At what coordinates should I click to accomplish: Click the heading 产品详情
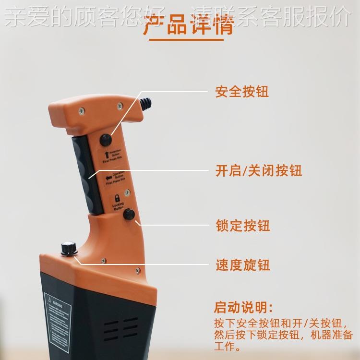click(x=189, y=25)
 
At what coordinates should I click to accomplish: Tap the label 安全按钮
click(x=242, y=91)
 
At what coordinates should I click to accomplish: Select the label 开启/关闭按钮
click(x=259, y=170)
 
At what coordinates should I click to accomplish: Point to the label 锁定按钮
click(x=243, y=225)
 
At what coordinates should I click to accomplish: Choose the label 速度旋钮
click(x=243, y=264)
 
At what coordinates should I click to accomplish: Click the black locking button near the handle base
click(x=129, y=215)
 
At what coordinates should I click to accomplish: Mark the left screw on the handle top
click(x=82, y=109)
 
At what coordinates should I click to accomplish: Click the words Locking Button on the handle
click(x=118, y=207)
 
